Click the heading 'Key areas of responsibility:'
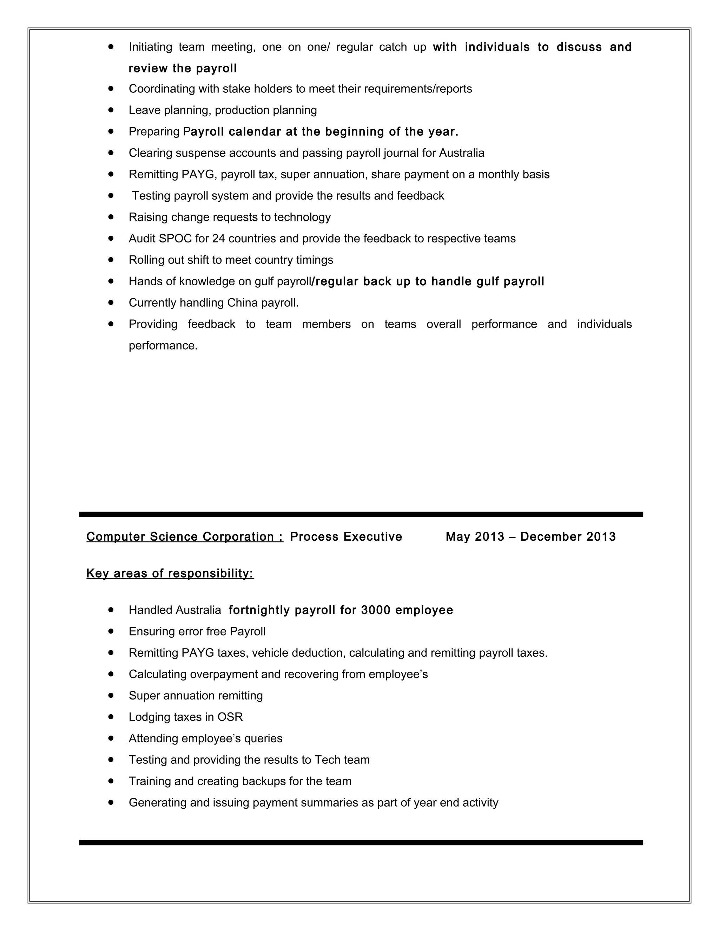click(x=170, y=573)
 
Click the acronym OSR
click(x=230, y=717)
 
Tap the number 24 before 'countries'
click(x=218, y=238)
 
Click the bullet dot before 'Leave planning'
click(x=111, y=110)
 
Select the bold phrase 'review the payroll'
click(x=183, y=68)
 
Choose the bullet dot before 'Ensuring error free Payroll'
click(x=111, y=631)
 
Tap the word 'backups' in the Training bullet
click(x=263, y=781)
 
